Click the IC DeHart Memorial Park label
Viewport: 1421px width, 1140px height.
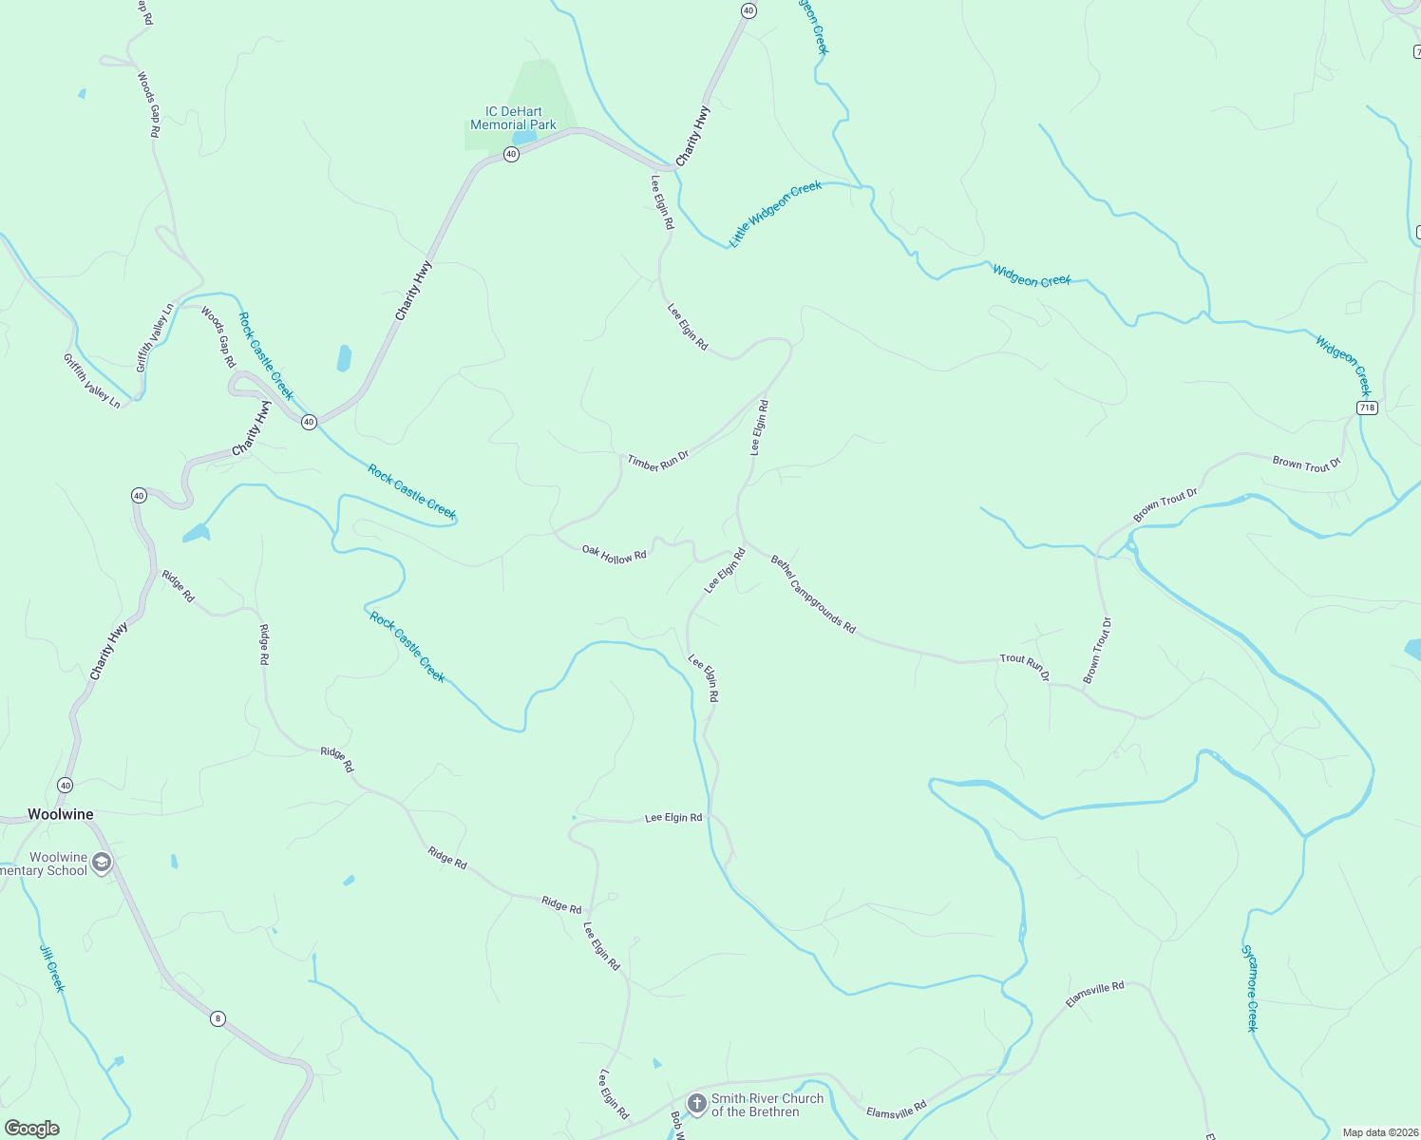[513, 118]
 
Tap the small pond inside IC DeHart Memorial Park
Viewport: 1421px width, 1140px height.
[523, 138]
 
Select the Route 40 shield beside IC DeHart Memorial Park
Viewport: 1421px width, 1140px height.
[511, 154]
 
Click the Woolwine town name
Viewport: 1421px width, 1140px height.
[61, 814]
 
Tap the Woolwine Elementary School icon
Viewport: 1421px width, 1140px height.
[102, 864]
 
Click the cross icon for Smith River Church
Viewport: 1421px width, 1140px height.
[696, 1104]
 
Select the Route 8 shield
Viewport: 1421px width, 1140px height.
[218, 1018]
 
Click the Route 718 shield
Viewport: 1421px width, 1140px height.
[1366, 408]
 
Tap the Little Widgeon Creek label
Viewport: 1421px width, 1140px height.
[775, 214]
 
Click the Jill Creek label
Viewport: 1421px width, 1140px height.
[52, 968]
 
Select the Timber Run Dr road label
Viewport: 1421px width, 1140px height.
[657, 462]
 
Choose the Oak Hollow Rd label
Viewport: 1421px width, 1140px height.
[614, 555]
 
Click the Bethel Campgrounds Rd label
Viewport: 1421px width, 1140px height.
[813, 595]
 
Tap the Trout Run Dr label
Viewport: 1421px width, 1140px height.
[1024, 667]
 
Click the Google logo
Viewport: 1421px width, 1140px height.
[31, 1129]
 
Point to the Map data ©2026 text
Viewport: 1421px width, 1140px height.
[1379, 1132]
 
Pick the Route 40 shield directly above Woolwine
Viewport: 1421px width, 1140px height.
[65, 785]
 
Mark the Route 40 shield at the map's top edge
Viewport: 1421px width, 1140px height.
[748, 10]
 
